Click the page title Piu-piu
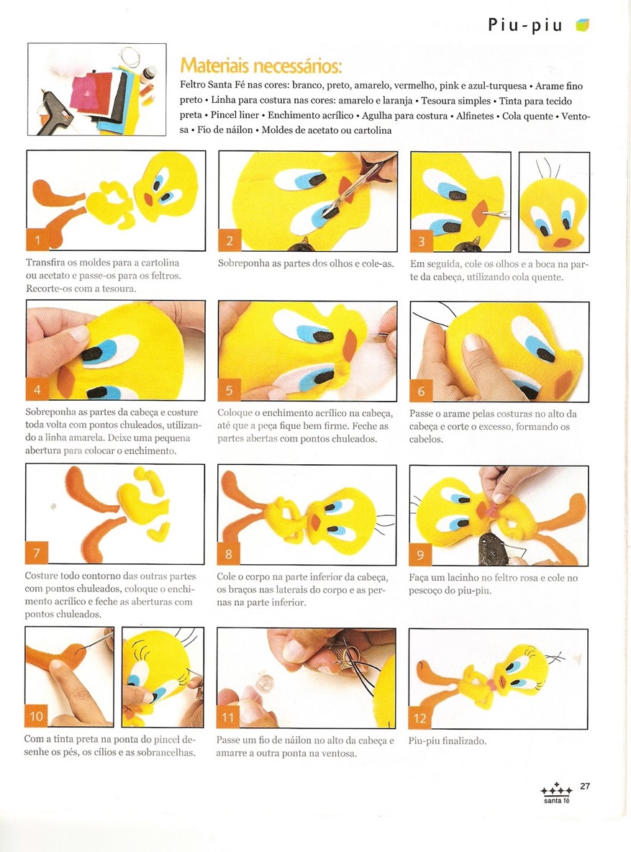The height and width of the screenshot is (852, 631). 525,25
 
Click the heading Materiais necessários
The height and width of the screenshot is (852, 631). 261,65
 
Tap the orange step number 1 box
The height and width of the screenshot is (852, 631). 37,240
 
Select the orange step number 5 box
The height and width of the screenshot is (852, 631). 229,389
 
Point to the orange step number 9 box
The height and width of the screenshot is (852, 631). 420,554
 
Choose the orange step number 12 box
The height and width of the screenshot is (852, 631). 419,718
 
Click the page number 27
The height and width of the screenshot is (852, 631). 585,786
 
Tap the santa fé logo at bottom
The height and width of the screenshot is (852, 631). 557,793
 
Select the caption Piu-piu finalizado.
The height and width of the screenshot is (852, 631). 448,740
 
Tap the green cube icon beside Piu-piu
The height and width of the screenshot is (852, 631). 583,25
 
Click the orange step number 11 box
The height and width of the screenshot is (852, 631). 228,717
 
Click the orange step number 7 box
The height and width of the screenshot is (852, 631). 36,553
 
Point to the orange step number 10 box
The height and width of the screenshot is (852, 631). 36,716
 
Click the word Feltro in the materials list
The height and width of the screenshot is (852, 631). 192,86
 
